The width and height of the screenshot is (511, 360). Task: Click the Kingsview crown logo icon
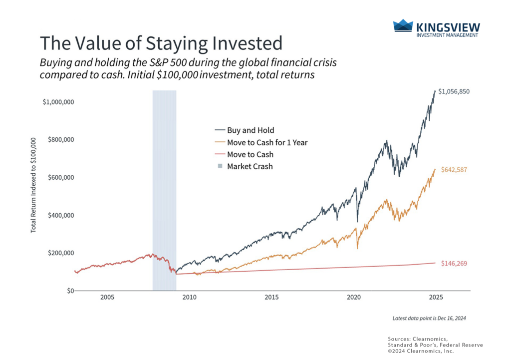(403, 26)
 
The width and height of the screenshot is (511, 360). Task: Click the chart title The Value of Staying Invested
(161, 43)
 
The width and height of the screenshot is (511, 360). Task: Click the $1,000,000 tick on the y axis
(58, 102)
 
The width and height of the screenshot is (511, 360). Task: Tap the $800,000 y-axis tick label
(61, 140)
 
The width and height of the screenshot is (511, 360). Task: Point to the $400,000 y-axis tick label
(61, 215)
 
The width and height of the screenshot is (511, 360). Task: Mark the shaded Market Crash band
(164, 190)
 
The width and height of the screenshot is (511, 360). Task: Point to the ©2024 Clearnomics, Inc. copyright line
(422, 352)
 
